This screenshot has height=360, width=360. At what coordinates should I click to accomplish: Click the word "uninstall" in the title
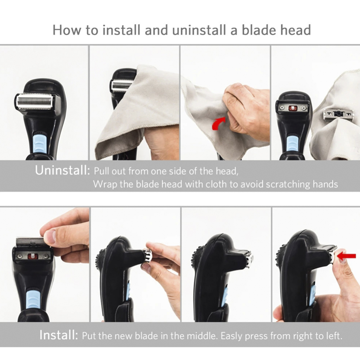point(199,30)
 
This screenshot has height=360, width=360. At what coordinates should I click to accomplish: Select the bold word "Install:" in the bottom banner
point(59,335)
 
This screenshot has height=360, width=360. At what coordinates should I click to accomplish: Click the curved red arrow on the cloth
point(219,123)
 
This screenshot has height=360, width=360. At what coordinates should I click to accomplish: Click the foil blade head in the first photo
point(34,101)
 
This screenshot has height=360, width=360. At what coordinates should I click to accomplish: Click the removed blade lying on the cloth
point(338,115)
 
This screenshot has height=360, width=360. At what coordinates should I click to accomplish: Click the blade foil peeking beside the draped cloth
point(121,85)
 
